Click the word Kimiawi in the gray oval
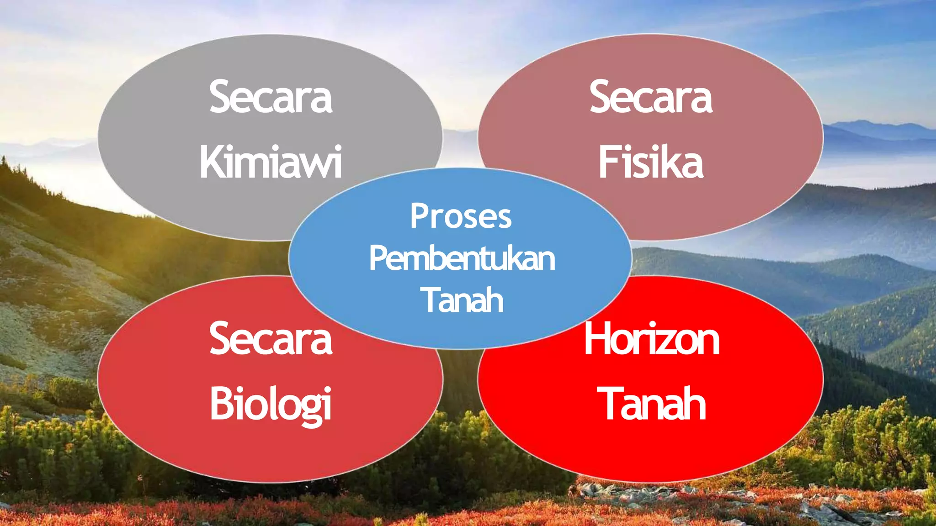[x=271, y=162]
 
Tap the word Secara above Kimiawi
[x=271, y=97]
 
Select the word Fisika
[x=651, y=162]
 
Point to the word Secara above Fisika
[x=651, y=97]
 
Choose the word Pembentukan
[x=462, y=258]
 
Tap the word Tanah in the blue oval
[x=462, y=300]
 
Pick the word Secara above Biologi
[x=271, y=339]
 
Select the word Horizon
[x=652, y=339]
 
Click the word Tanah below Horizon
[x=652, y=404]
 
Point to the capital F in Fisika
[x=607, y=162]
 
